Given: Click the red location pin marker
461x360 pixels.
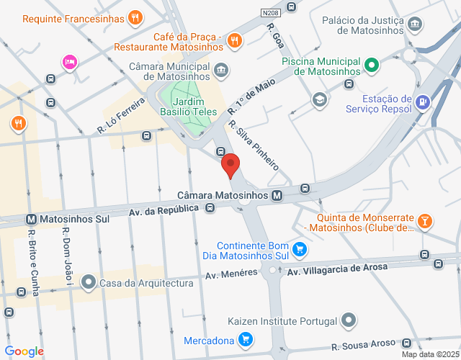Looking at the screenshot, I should [x=230, y=165].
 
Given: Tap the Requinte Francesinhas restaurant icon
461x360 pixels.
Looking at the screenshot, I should [x=134, y=18].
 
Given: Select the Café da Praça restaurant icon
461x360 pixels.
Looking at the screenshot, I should [x=233, y=42].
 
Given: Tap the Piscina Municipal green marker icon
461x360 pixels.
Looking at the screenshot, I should [x=371, y=66].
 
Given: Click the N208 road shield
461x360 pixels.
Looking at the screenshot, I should [x=270, y=12].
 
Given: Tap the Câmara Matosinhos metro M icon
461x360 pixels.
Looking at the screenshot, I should [x=277, y=195].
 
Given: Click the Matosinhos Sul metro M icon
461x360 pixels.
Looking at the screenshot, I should [x=31, y=218].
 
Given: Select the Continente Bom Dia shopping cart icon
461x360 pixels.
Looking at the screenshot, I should [x=300, y=250].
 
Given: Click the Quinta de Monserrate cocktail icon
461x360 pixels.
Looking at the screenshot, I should [x=425, y=221].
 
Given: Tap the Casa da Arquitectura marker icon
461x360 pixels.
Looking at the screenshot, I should [x=89, y=282].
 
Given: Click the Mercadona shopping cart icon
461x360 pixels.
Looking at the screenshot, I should [x=246, y=338].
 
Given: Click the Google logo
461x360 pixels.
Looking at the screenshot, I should [x=24, y=351].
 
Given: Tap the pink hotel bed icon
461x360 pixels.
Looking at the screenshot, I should [x=69, y=62].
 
